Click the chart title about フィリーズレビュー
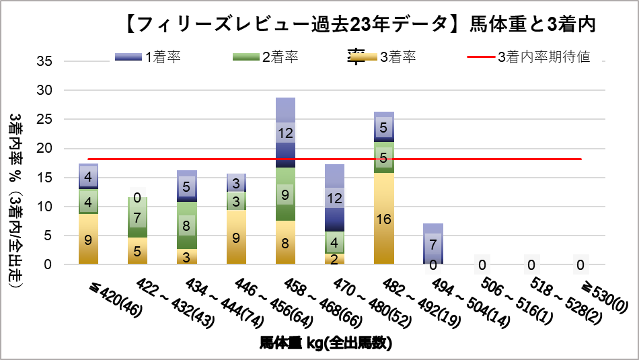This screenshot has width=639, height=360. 361,25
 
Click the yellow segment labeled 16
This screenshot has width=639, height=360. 384,219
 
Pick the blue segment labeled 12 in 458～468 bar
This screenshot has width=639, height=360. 285,133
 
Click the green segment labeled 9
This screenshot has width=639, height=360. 285,194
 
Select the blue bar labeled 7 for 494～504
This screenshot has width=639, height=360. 433,243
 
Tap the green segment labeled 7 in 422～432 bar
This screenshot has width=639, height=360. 138,217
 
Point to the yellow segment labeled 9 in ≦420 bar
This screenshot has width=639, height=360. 88,239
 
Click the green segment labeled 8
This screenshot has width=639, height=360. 187,225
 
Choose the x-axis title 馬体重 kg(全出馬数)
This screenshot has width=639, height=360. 326,343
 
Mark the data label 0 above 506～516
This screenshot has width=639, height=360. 482,264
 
